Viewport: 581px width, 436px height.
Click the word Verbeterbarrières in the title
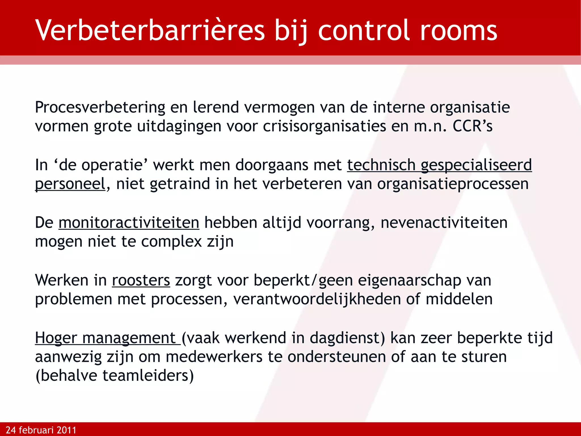click(x=150, y=31)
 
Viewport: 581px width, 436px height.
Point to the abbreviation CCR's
click(x=472, y=126)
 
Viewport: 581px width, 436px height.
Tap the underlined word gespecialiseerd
click(x=476, y=165)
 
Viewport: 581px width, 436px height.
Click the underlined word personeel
click(x=70, y=184)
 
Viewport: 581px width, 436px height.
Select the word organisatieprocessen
click(x=453, y=184)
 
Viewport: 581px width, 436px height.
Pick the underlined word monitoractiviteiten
click(x=129, y=223)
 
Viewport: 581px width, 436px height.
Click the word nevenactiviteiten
click(x=444, y=223)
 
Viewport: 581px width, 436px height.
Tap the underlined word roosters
click(x=141, y=280)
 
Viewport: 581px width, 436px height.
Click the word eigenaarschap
click(x=410, y=280)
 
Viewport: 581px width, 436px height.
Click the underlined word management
click(x=129, y=338)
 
